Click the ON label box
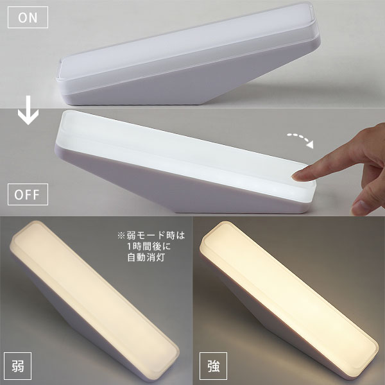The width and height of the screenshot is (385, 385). pos(28,17)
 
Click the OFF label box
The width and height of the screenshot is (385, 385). pos(28,194)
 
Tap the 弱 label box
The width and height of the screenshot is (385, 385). pos(18,366)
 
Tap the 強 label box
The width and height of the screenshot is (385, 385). pos(213,366)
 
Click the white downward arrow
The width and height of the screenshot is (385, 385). pos(28,110)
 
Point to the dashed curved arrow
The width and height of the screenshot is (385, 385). pos(301,139)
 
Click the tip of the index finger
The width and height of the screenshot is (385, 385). pos(294,176)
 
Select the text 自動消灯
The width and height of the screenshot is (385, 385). pos(146,257)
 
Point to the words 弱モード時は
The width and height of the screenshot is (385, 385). pos(156,235)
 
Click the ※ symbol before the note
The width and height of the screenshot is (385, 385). pos(121,235)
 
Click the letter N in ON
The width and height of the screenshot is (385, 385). pos(33,18)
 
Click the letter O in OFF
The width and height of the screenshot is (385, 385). pos(19,194)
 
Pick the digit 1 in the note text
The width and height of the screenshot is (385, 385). pos(130,246)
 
